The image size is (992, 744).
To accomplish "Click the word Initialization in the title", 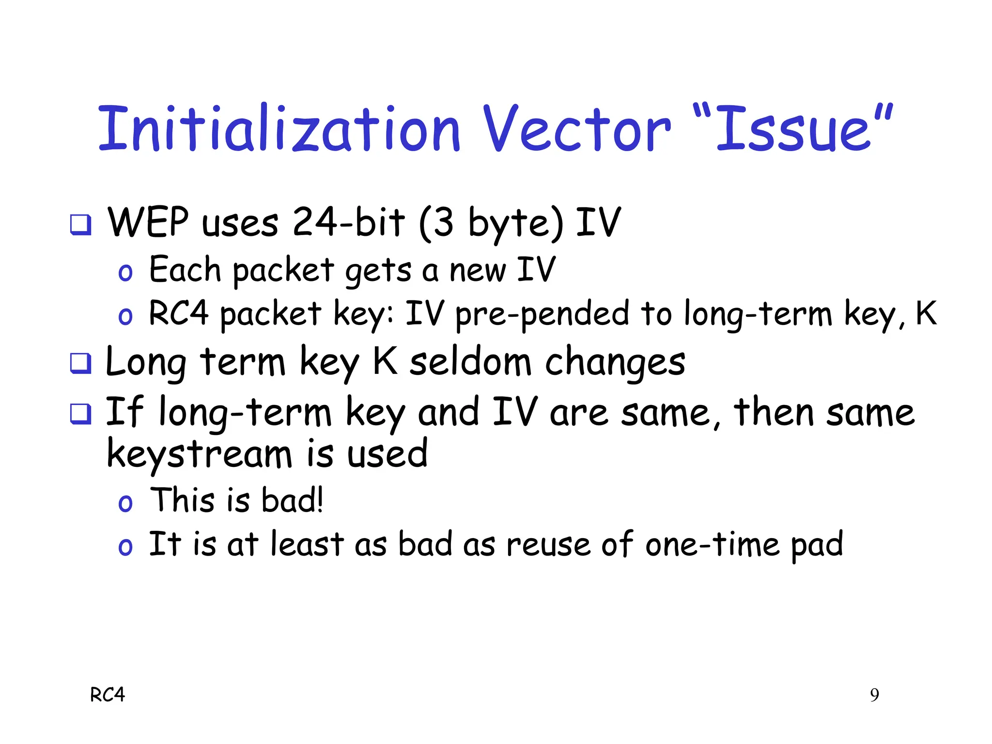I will (279, 129).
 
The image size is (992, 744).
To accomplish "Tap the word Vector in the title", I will (577, 129).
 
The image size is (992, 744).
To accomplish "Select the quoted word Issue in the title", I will (794, 129).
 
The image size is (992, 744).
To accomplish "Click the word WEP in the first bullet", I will (148, 222).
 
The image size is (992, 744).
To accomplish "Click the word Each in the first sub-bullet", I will (185, 269).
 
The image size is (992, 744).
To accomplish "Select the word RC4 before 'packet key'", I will (178, 313).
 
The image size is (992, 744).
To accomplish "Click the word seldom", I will (470, 362).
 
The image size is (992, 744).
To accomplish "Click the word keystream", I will (199, 454).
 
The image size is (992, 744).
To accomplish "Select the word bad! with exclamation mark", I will (292, 500).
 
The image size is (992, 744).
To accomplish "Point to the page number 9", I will (874, 696).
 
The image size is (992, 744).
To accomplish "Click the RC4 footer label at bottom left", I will (108, 695).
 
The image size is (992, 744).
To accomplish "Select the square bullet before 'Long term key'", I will (80, 364).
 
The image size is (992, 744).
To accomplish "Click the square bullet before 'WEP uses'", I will (80, 225).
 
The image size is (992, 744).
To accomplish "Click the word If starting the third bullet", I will (124, 411).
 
